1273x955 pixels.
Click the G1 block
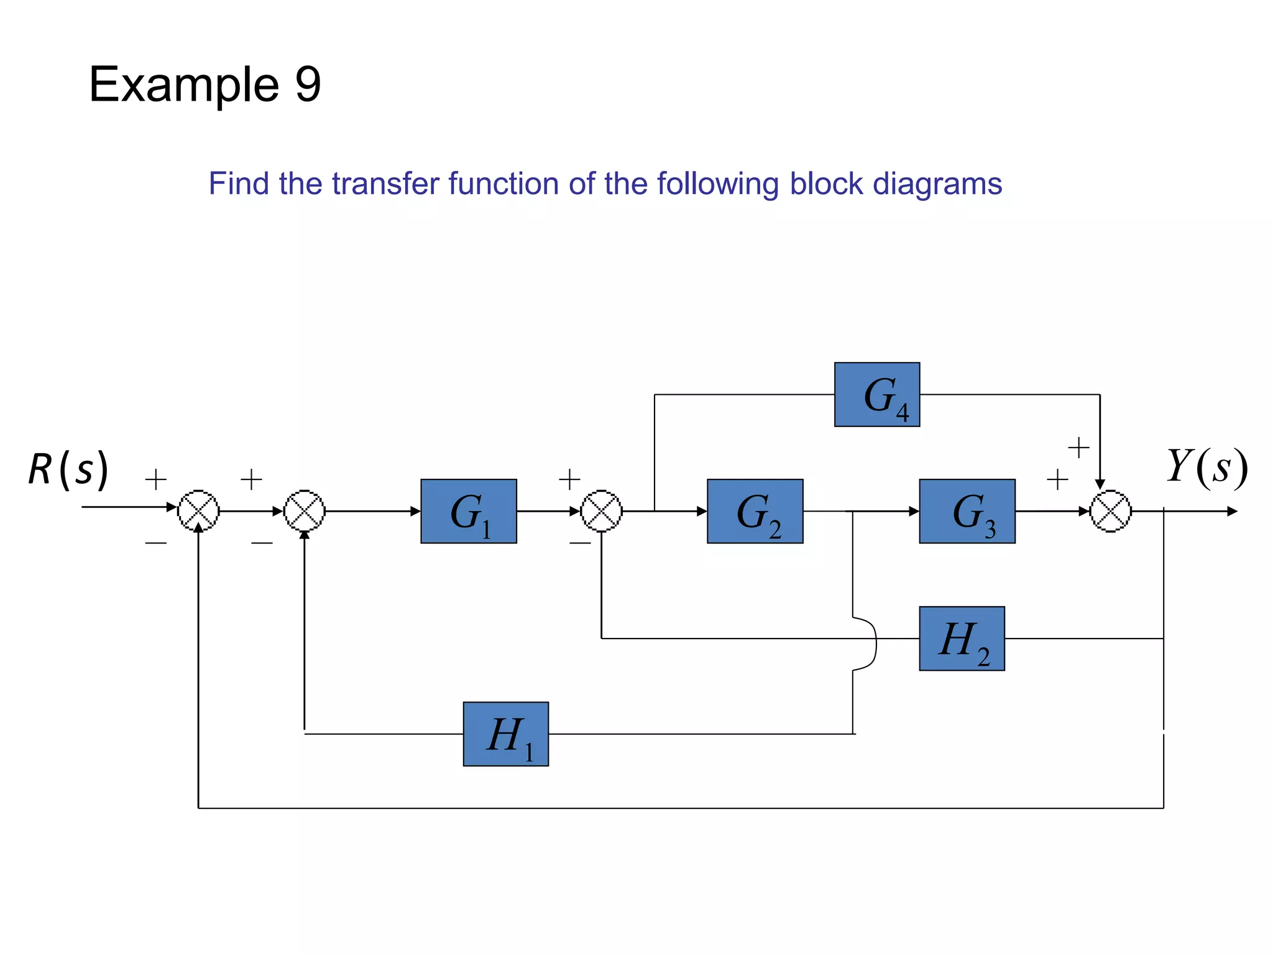click(x=469, y=511)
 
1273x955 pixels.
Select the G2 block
click(x=755, y=511)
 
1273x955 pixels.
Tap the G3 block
click(x=967, y=511)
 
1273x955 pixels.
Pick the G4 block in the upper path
click(x=876, y=394)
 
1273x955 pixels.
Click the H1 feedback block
click(x=505, y=734)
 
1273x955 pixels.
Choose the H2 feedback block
click(x=962, y=639)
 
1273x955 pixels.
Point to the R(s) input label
click(x=68, y=469)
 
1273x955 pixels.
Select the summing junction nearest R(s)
click(x=198, y=511)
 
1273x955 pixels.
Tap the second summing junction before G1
click(x=305, y=511)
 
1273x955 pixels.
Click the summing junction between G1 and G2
click(x=601, y=511)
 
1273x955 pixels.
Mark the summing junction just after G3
click(x=1111, y=511)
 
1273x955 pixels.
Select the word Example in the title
click(x=184, y=85)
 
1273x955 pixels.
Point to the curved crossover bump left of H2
click(x=870, y=644)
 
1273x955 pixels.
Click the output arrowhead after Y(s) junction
click(x=1232, y=511)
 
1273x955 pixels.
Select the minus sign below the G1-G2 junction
click(x=579, y=543)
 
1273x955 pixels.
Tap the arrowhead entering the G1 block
click(x=415, y=511)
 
